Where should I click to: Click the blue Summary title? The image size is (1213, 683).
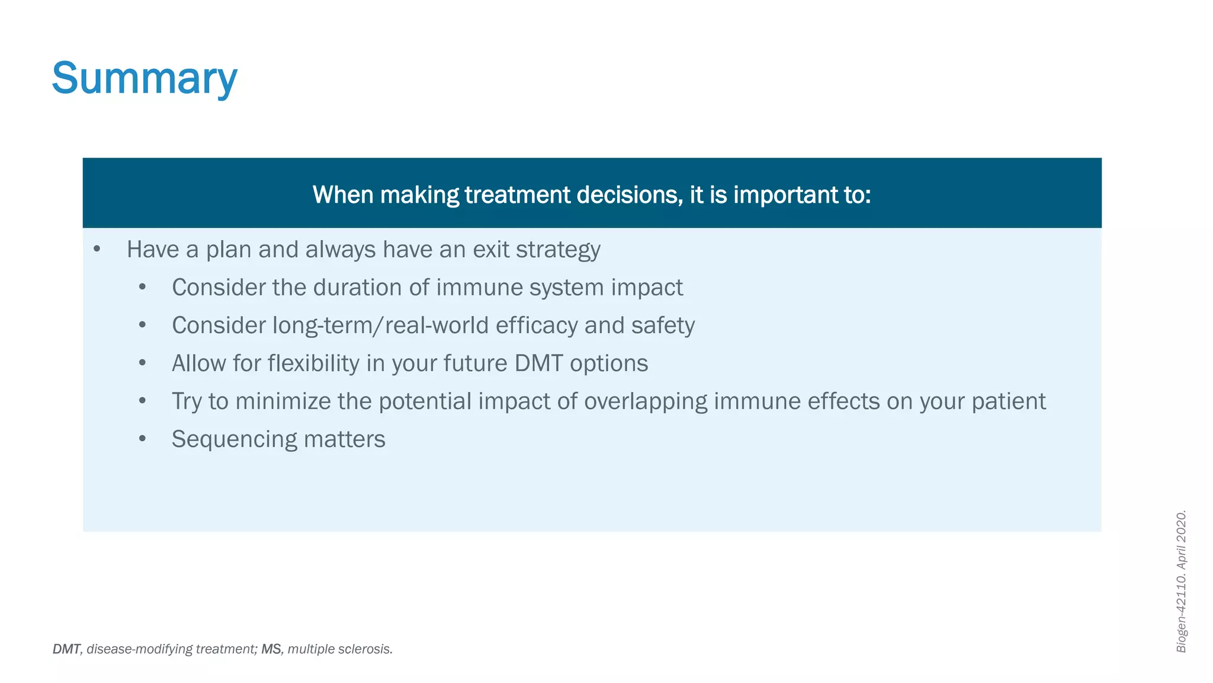click(x=145, y=78)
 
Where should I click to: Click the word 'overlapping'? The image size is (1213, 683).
click(x=646, y=401)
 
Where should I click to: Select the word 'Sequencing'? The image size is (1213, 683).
click(x=234, y=439)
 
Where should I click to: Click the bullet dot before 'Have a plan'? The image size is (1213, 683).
click(x=97, y=250)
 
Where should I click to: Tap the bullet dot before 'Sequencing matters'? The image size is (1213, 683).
click(x=142, y=439)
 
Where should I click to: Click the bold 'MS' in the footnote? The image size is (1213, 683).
click(x=271, y=649)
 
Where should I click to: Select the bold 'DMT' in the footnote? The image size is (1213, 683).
click(x=66, y=649)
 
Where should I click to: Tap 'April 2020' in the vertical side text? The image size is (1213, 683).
click(x=1181, y=540)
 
